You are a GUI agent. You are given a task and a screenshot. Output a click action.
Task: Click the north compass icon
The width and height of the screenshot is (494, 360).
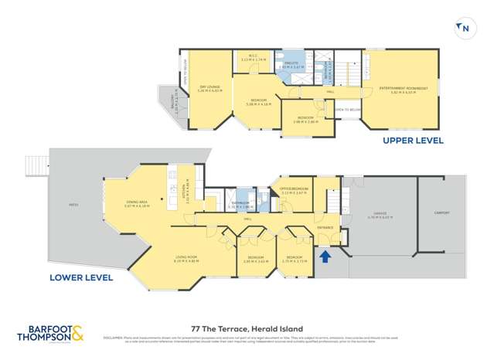coord(464,29)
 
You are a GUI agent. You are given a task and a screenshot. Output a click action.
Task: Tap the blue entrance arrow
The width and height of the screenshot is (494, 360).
coord(325,254)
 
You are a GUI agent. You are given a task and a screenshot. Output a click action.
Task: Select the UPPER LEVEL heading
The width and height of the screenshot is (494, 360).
coord(413,141)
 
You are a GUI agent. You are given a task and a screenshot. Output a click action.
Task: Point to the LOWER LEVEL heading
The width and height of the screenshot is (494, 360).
coord(81,277)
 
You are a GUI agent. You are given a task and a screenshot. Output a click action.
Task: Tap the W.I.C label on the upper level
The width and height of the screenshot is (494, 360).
coord(253,58)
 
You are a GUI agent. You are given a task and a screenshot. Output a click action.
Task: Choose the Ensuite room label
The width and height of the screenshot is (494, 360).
coord(291,66)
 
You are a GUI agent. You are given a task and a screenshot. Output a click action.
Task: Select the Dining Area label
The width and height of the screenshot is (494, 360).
coord(137,204)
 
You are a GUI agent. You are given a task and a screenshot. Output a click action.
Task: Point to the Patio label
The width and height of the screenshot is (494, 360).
coord(75,205)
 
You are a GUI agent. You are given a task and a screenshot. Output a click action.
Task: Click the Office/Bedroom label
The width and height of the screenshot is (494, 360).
coord(294,190)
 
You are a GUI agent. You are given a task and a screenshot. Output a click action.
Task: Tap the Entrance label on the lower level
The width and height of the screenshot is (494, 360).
coord(325,227)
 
